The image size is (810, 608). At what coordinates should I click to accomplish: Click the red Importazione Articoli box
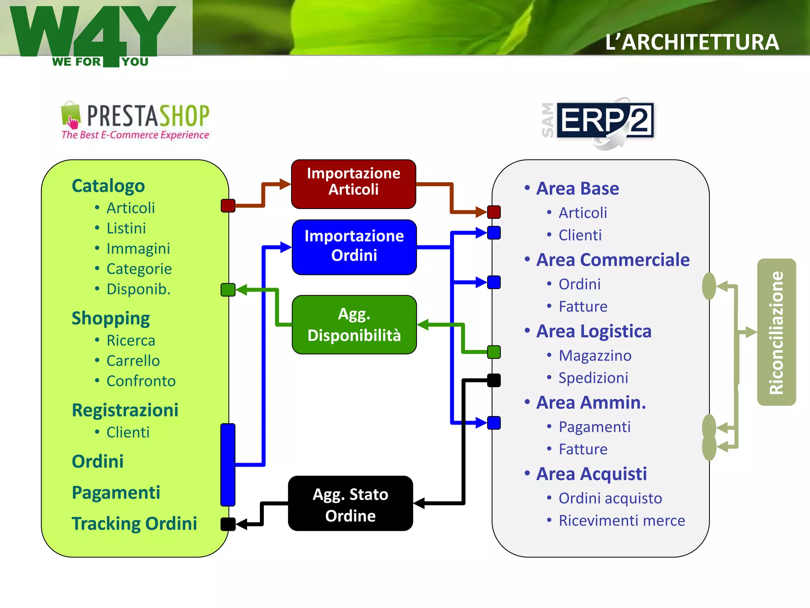(354, 184)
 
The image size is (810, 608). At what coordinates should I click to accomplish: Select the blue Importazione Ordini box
(354, 247)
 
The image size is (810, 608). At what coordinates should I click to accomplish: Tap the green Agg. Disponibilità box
(354, 325)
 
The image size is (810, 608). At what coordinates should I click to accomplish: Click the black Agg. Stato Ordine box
(350, 503)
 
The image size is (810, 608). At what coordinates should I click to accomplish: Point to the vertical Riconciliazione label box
(776, 332)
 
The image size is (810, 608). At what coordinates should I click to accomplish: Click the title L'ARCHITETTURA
(692, 42)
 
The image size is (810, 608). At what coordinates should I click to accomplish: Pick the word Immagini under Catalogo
(138, 249)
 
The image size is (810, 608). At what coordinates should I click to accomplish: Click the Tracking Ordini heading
(134, 523)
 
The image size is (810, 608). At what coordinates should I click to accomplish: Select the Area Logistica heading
(593, 331)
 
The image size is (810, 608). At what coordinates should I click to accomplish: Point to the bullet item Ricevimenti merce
(621, 521)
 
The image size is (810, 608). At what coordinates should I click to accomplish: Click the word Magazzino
(595, 355)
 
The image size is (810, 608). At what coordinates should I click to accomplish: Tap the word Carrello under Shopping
(133, 361)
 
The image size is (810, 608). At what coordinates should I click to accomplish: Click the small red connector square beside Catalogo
(228, 205)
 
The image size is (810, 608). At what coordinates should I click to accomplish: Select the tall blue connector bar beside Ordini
(228, 464)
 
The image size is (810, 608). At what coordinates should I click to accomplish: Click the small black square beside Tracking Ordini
(228, 524)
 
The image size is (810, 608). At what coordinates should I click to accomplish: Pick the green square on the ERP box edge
(494, 352)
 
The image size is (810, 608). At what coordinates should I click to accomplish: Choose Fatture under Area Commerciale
(583, 307)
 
